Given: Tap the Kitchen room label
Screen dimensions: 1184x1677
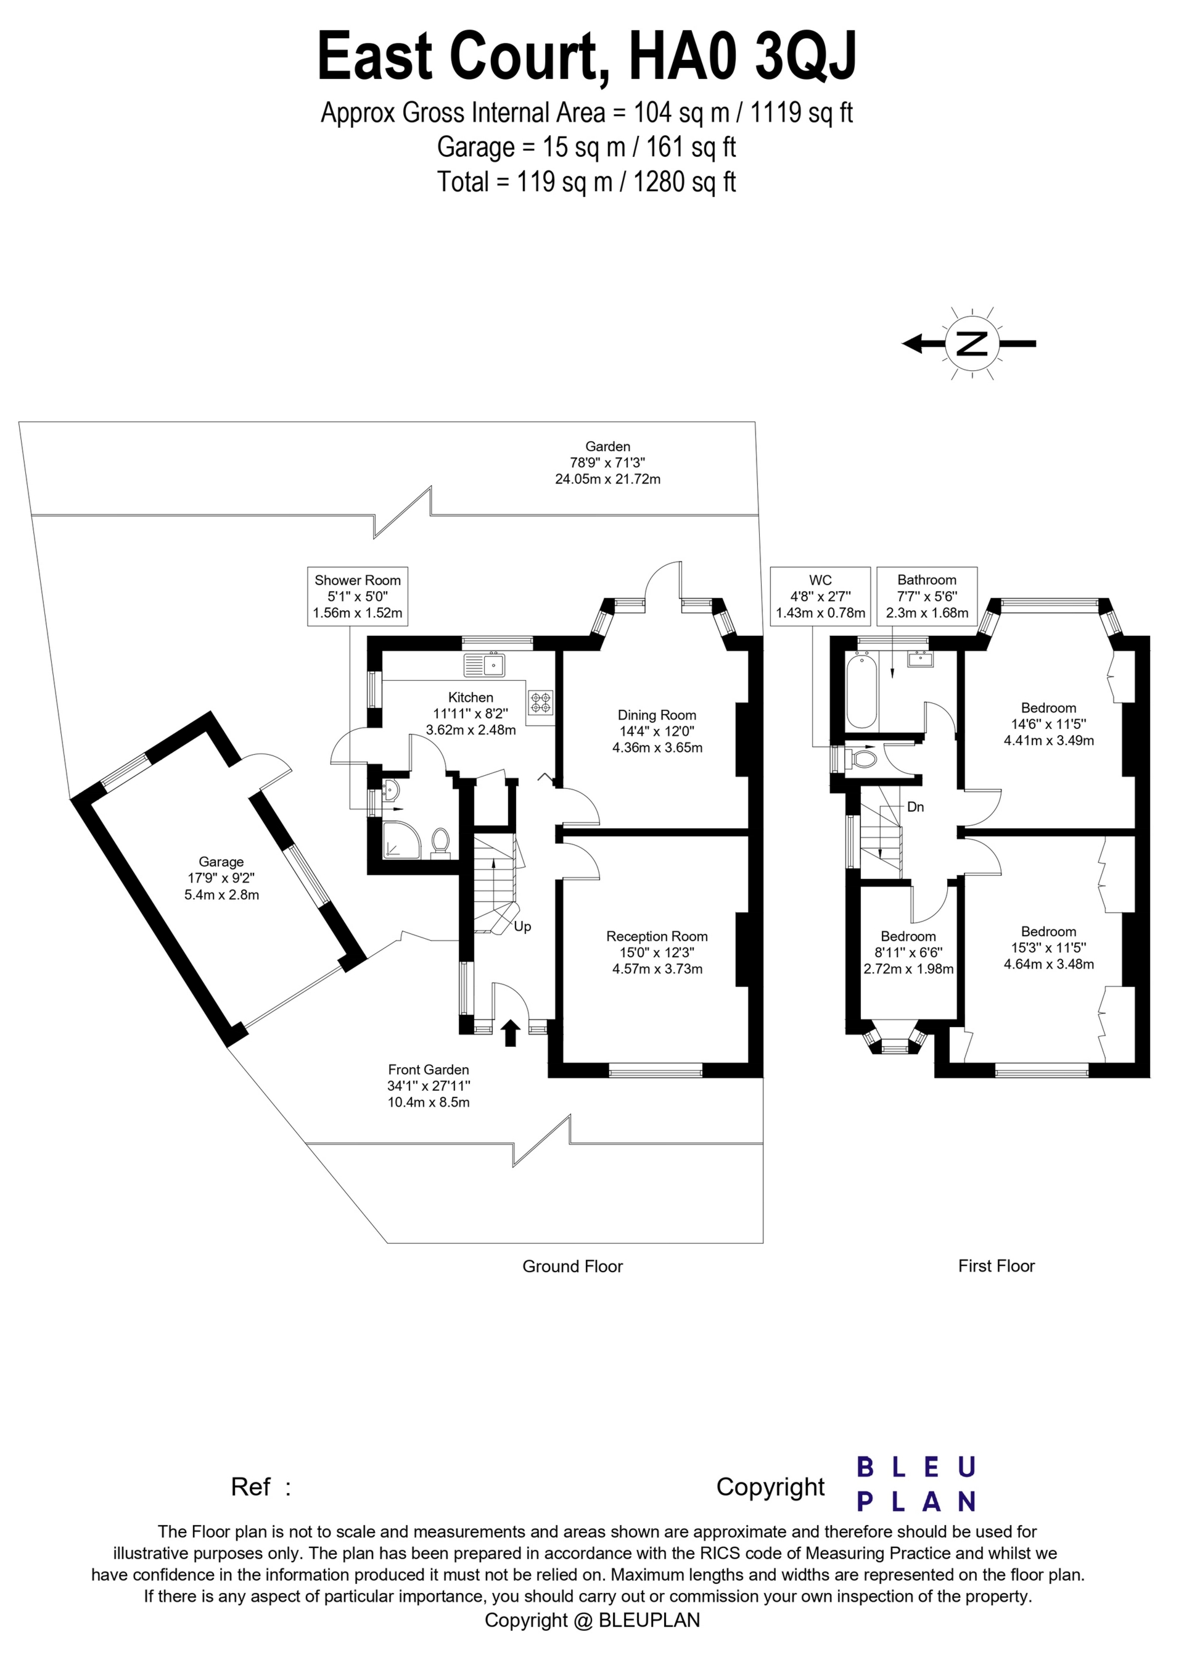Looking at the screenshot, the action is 471,697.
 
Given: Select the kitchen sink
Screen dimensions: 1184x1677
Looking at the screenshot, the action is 484,665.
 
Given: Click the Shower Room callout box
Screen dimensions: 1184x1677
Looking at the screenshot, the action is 358,596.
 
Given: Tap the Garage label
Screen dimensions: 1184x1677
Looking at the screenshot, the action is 221,862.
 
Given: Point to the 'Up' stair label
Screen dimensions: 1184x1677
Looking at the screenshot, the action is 523,927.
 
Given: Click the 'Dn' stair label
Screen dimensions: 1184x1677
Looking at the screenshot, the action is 915,807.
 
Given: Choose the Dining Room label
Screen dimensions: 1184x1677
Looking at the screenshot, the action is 657,715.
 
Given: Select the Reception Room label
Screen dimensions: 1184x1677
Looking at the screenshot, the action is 657,936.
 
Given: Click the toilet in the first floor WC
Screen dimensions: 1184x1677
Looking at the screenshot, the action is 862,758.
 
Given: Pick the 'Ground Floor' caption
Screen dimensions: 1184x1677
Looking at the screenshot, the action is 572,1267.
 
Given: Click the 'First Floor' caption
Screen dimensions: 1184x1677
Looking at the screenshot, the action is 997,1266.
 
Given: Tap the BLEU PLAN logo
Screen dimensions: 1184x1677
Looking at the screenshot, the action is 916,1485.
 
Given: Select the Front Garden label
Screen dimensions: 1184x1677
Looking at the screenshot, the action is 429,1070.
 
